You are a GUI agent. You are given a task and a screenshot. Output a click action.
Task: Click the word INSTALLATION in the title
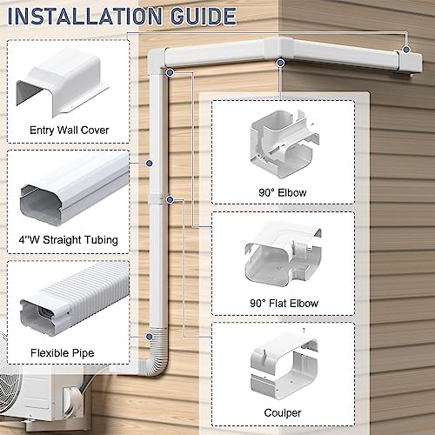click(85, 17)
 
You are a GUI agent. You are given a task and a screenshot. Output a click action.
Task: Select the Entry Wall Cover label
click(70, 130)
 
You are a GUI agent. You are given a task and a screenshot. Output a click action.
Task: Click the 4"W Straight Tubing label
click(69, 240)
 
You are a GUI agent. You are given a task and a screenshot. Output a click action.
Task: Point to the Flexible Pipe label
click(63, 353)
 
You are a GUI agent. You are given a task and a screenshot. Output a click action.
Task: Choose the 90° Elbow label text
click(283, 192)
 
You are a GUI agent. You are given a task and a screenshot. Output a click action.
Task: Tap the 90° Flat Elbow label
click(284, 304)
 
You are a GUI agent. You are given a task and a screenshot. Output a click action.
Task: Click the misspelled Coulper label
click(283, 412)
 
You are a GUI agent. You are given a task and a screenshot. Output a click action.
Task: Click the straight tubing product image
click(74, 190)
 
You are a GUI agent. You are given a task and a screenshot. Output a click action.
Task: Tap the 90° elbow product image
click(284, 144)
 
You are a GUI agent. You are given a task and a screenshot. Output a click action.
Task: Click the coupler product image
click(284, 366)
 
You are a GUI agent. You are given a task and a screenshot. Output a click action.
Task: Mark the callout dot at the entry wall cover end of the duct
click(406, 50)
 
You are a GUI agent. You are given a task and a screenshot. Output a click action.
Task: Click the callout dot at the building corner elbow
click(280, 63)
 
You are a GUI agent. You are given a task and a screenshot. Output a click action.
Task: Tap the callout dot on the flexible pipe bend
click(150, 337)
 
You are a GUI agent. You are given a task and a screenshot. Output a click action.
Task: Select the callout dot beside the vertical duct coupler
click(171, 199)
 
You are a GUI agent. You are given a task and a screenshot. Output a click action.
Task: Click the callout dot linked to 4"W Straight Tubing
click(150, 164)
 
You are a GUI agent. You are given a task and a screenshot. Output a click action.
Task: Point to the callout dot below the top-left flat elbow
click(171, 72)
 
